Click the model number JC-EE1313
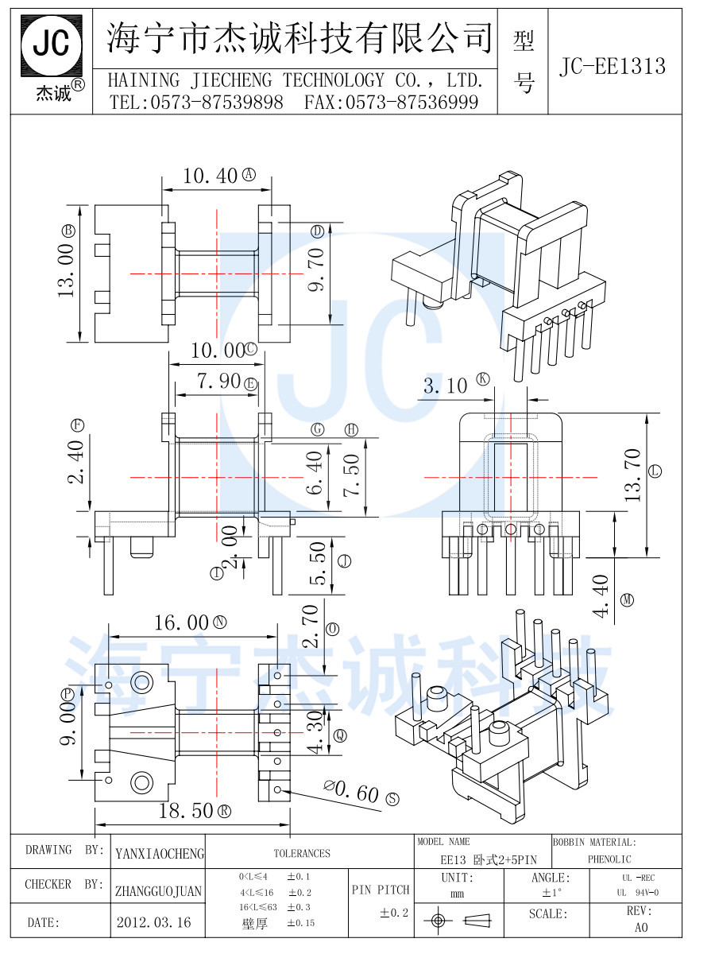click(x=612, y=66)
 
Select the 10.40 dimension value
click(x=210, y=176)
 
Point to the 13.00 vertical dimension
click(x=67, y=270)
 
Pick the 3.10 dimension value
click(x=445, y=386)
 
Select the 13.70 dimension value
click(x=633, y=475)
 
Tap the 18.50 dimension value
click(x=185, y=811)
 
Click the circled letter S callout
click(x=392, y=798)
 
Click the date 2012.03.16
click(x=153, y=922)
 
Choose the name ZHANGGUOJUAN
click(x=158, y=892)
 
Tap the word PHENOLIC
click(x=609, y=859)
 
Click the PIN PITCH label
click(x=381, y=890)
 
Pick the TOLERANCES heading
click(x=302, y=853)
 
